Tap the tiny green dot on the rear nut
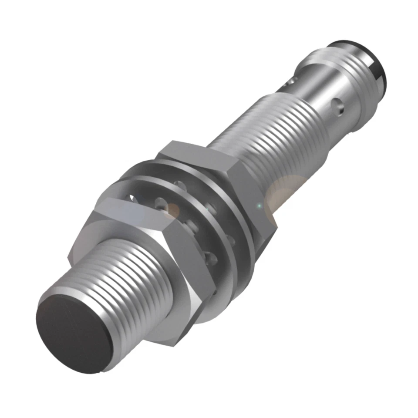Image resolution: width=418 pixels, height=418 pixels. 260,205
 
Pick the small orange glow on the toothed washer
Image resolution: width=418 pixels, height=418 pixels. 173,209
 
